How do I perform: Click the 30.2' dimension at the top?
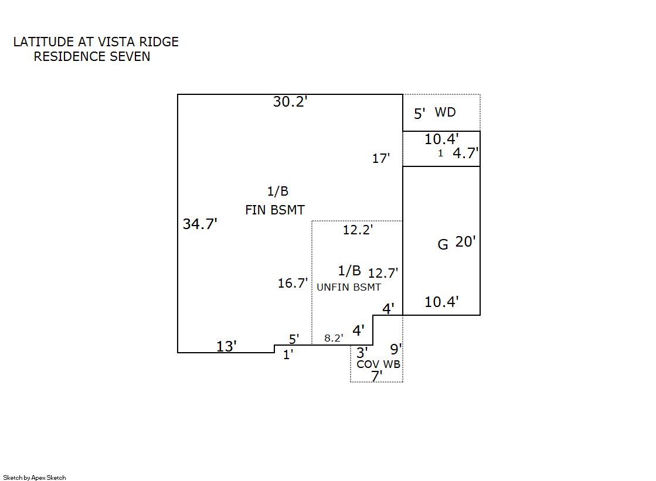pos(290,102)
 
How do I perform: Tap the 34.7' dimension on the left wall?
pos(200,224)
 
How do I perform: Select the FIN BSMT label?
pos(275,210)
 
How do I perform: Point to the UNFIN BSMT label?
pos(349,287)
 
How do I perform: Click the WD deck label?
pos(445,112)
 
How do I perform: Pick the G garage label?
pos(443,244)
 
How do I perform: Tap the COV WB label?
pos(379,364)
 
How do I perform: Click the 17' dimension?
pos(381,158)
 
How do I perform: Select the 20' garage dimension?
pos(465,242)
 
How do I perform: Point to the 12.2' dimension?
pos(358,230)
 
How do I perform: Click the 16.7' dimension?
pos(293,284)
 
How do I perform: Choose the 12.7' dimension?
pos(383,273)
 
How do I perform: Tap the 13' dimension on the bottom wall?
pos(227,346)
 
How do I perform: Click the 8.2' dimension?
pos(334,338)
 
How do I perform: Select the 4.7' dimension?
pos(466,153)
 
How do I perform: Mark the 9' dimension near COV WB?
pos(396,349)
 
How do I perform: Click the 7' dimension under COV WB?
pos(377,376)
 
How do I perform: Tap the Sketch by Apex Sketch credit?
pos(35,477)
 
